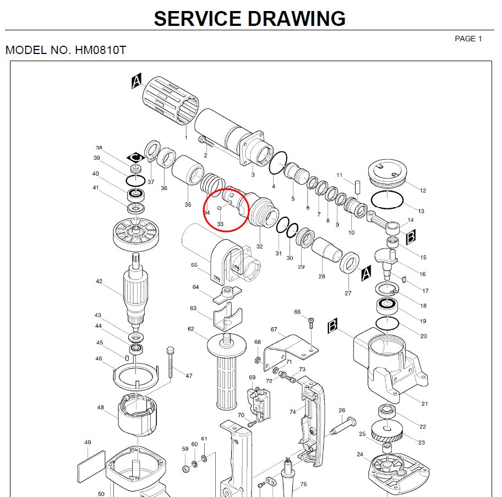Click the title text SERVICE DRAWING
(249, 18)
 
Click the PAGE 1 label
(468, 39)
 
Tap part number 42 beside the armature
(99, 282)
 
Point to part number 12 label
(423, 191)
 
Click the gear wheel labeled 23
(392, 430)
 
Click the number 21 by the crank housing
(424, 404)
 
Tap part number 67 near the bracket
(274, 329)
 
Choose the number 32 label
(259, 246)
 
